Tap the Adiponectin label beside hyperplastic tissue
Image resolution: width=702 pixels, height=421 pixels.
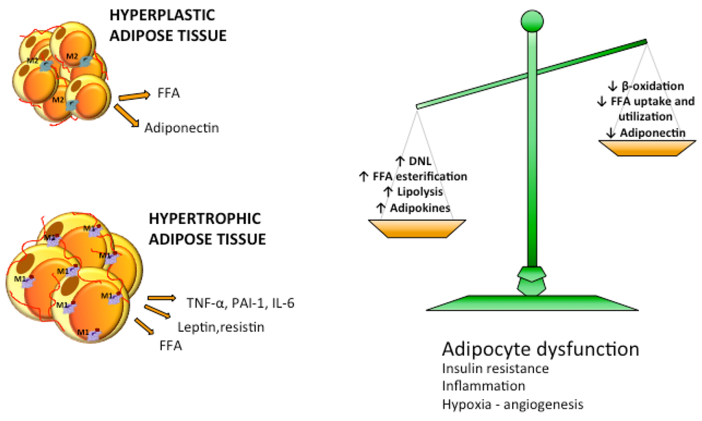pos(181,127)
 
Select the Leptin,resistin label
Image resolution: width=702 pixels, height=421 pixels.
pos(221,327)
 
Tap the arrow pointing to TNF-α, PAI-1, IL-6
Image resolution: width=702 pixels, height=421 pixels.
pos(161,298)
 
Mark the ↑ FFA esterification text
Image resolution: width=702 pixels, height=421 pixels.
pos(413,176)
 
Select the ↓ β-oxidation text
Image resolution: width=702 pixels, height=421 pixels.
pos(646,86)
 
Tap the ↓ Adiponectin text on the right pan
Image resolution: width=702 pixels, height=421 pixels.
pos(646,131)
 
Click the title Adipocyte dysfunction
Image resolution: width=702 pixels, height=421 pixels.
pos(540,349)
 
